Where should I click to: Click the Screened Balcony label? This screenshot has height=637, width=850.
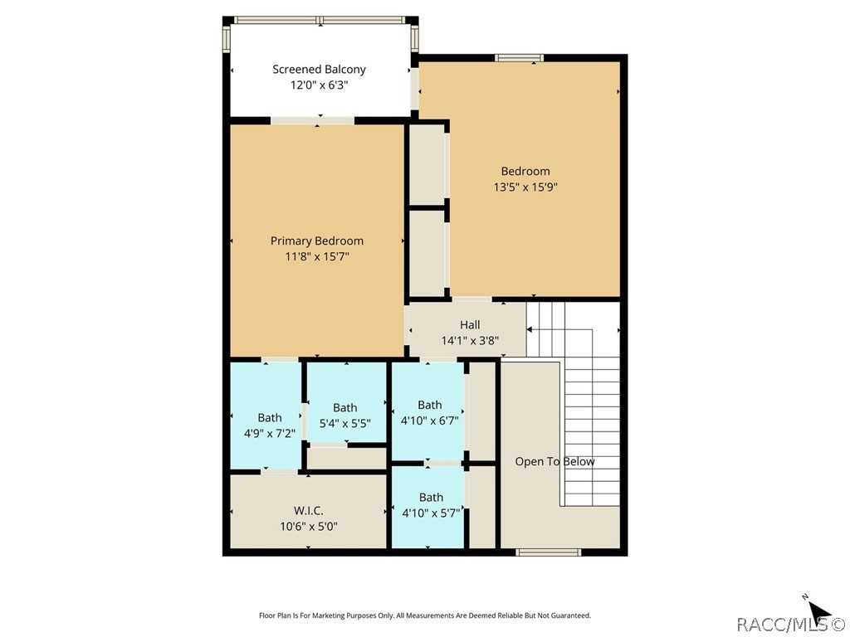(x=319, y=69)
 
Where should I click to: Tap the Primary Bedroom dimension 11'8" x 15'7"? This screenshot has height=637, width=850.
(x=316, y=257)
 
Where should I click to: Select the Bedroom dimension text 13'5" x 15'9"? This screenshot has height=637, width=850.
(x=525, y=187)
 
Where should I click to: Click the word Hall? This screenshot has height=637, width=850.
(x=470, y=325)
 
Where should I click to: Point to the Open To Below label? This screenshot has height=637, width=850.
(x=554, y=462)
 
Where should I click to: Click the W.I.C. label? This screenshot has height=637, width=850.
(x=308, y=510)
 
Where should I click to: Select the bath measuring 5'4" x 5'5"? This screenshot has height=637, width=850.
(x=344, y=415)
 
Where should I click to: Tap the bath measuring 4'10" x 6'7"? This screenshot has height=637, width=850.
(x=429, y=412)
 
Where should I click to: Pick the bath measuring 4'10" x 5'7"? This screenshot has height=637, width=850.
(x=430, y=504)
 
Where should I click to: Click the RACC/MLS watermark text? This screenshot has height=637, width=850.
(x=789, y=624)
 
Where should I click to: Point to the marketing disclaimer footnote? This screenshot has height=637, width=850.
(x=425, y=615)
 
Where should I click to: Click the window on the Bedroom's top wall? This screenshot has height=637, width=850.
(x=520, y=57)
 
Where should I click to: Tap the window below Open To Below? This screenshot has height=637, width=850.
(x=548, y=552)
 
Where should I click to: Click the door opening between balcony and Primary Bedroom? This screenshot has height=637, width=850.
(x=313, y=121)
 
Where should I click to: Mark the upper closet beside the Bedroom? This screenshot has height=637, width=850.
(x=427, y=164)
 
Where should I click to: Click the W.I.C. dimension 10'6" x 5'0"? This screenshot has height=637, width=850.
(x=308, y=526)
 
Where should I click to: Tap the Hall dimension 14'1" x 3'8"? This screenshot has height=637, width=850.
(x=470, y=340)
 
